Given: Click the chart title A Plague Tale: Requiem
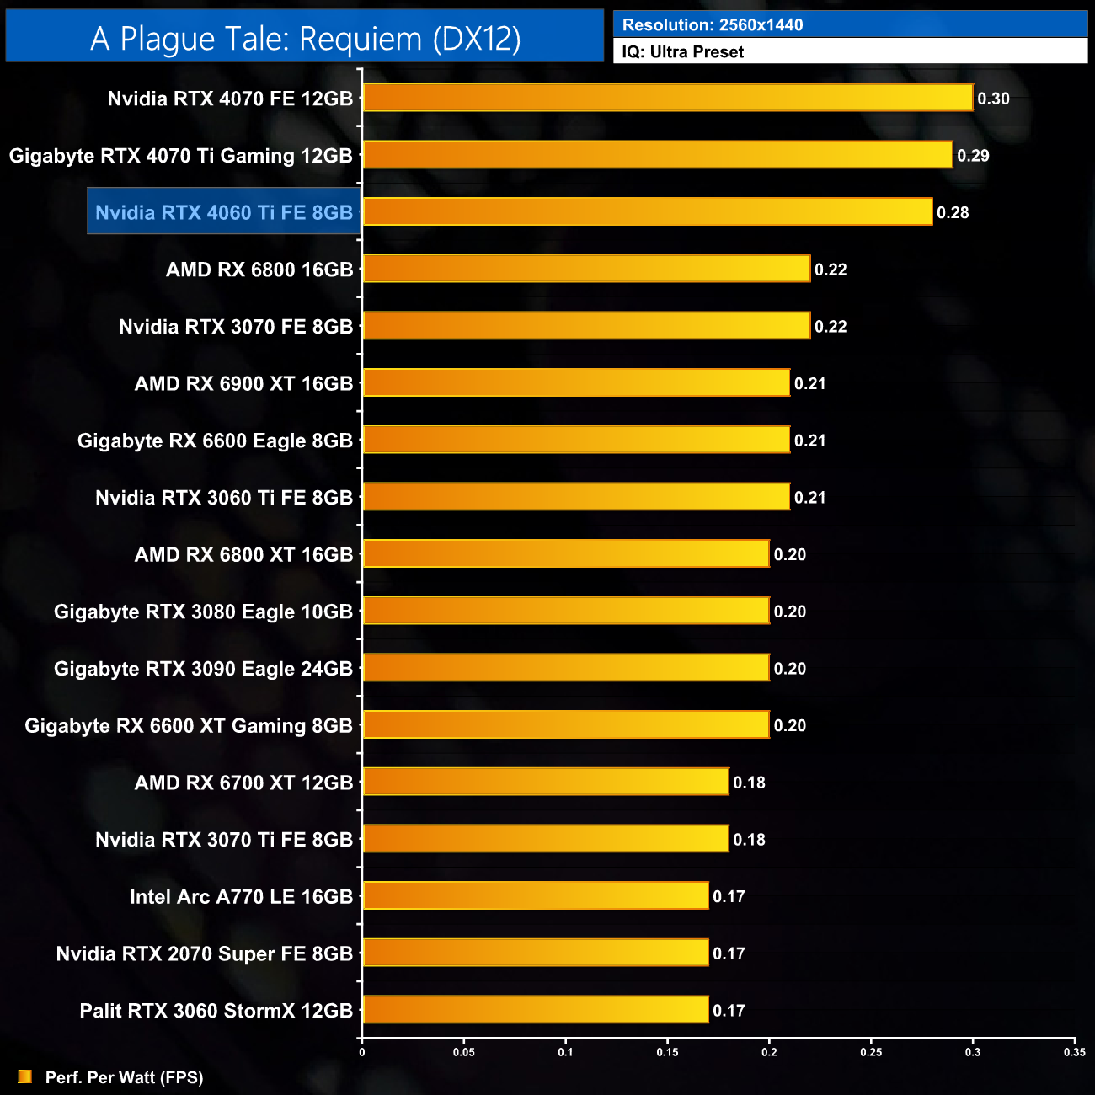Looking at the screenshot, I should (x=305, y=39).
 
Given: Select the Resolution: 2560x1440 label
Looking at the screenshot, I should (x=713, y=25).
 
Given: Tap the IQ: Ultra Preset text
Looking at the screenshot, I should (x=683, y=52).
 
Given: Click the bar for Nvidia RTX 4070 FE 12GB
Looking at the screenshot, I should (x=667, y=98).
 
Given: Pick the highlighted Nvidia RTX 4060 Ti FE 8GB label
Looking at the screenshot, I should (x=224, y=212).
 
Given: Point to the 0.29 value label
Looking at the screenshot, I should (x=973, y=156).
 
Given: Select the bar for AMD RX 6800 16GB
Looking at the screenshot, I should (x=586, y=269).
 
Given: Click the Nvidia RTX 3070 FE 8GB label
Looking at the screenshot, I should (x=236, y=327).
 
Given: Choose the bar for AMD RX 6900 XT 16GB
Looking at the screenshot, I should (x=576, y=383).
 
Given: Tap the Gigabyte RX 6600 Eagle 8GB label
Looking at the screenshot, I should (x=215, y=441).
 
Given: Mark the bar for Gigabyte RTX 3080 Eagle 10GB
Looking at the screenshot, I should (x=566, y=611).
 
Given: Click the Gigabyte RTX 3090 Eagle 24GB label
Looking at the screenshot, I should (x=203, y=669).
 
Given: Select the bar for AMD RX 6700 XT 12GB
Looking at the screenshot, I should (x=546, y=782).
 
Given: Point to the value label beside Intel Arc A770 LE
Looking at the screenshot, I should (x=729, y=897).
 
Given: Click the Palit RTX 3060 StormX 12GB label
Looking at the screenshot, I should (x=216, y=1011).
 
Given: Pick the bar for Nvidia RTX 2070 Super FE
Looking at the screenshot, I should (x=536, y=953).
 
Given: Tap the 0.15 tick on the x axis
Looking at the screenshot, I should (x=667, y=1052).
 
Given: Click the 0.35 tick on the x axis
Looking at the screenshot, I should (x=1074, y=1052).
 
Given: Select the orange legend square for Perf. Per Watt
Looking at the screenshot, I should (x=25, y=1077).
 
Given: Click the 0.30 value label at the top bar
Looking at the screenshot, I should (x=993, y=99).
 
